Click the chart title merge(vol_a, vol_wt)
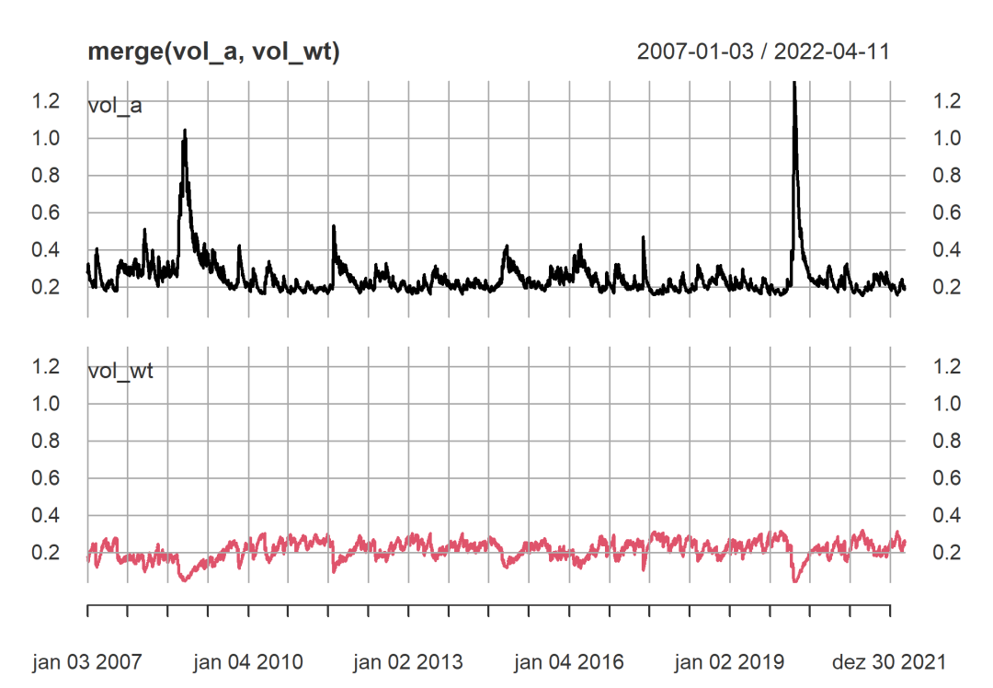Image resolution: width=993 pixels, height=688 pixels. [x=213, y=52]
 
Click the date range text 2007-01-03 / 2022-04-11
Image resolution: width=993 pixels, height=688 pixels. [x=763, y=52]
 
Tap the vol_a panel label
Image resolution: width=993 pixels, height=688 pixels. [x=114, y=105]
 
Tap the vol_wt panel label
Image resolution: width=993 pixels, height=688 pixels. [x=119, y=372]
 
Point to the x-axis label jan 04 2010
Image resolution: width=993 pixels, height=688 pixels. [x=248, y=662]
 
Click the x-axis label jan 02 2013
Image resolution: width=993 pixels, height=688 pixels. [x=408, y=662]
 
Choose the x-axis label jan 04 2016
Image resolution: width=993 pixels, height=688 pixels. [x=569, y=662]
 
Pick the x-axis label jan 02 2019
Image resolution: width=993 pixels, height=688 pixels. [x=729, y=662]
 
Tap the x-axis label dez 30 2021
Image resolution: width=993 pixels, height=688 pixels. [x=890, y=662]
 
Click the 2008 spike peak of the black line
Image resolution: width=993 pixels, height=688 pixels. [x=185, y=131]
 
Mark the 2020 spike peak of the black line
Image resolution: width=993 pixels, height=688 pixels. [x=793, y=85]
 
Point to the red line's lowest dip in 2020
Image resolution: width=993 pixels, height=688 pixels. [x=794, y=581]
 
